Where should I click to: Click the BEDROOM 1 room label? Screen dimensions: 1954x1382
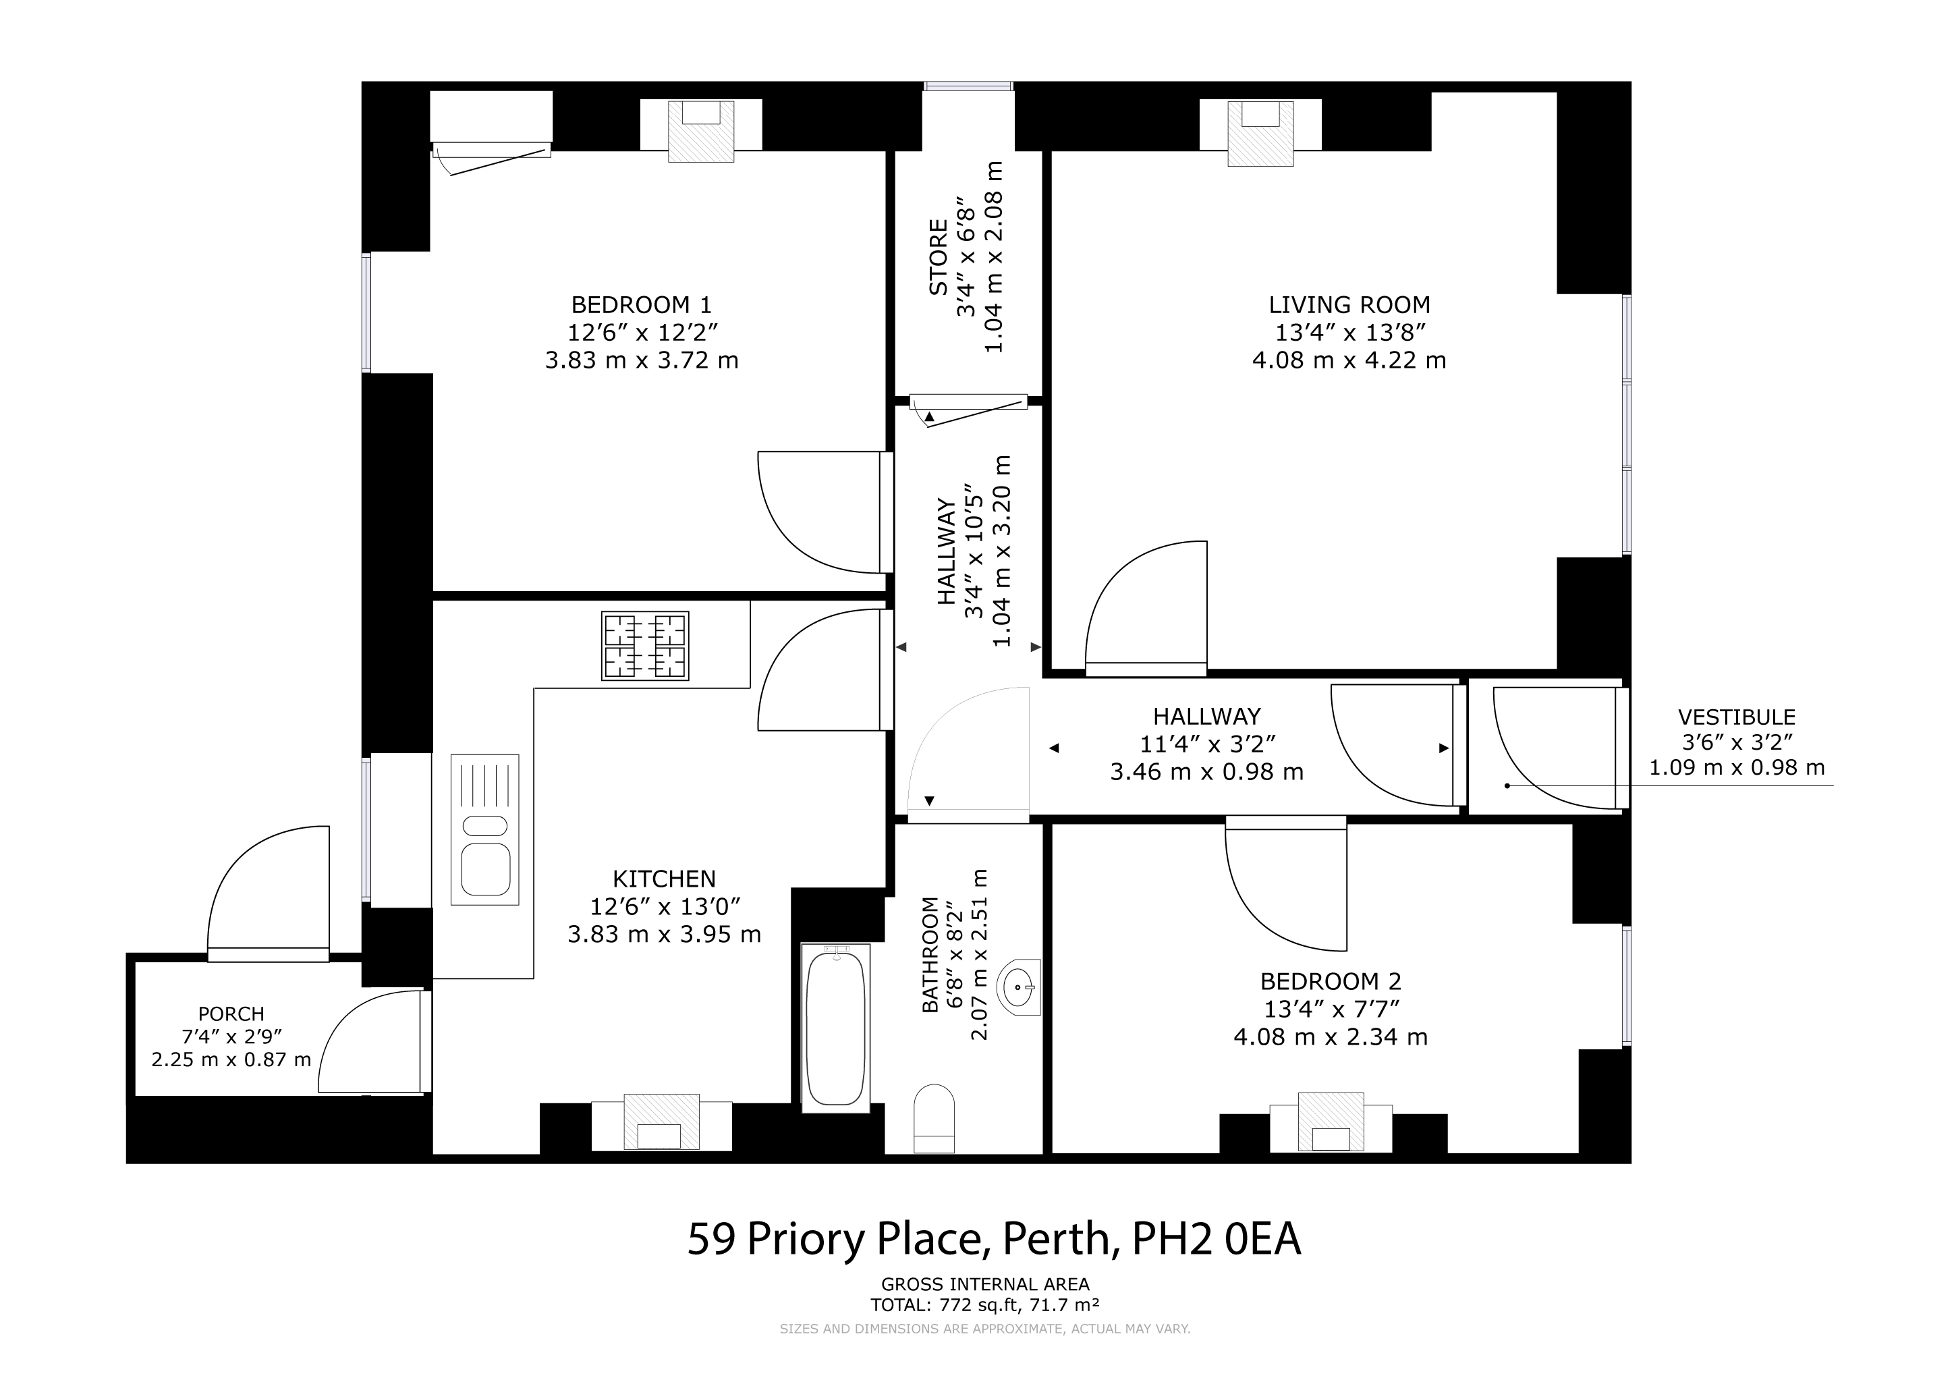pos(641,304)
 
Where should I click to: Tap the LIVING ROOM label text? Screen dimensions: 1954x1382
pos(1349,304)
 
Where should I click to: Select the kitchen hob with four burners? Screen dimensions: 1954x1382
pos(644,646)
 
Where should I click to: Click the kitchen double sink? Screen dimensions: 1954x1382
pos(485,830)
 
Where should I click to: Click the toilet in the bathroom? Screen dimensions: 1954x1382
pos(934,1118)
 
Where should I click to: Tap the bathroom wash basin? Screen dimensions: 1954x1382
pos(1020,987)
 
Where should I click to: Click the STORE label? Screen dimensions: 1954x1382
pos(938,258)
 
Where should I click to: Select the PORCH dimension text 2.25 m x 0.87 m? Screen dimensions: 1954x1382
pos(231,1060)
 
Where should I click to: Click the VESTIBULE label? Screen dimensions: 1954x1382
pos(1736,717)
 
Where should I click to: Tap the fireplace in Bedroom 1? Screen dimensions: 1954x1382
pos(700,130)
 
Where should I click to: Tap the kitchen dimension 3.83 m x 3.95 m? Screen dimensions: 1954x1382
pos(664,935)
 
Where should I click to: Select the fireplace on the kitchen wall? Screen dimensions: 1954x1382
pos(661,1122)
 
